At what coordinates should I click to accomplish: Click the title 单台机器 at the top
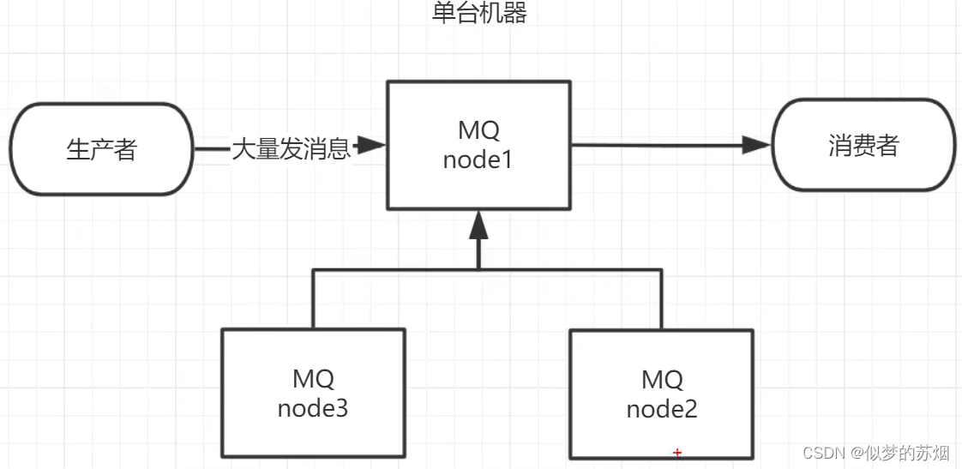coord(479,14)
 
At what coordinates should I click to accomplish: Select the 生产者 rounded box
coord(102,149)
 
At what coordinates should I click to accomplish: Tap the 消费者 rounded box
coord(863,145)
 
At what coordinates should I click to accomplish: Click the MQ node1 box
coord(478,145)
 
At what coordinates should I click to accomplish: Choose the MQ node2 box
coord(661,394)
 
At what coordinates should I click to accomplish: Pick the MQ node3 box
coord(313,394)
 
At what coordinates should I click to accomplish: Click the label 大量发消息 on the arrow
coord(292,149)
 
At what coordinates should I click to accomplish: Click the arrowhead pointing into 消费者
coord(757,145)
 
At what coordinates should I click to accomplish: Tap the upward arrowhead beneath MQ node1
coord(478,225)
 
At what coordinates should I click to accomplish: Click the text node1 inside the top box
coord(478,159)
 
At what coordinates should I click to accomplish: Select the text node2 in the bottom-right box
coord(661,409)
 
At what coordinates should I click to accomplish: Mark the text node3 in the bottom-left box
coord(313,408)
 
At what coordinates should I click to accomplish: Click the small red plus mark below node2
coord(677,452)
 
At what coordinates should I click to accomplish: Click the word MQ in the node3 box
coord(313,378)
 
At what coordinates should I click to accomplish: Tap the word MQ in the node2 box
coord(662,379)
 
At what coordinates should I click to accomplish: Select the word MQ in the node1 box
coord(478,130)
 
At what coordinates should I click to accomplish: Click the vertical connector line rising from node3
coord(313,299)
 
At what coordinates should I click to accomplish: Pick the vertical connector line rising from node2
coord(661,299)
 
